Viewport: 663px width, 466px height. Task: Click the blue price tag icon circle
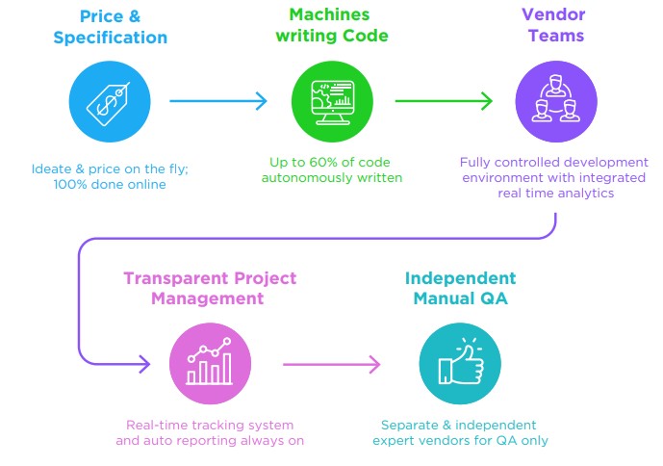click(111, 100)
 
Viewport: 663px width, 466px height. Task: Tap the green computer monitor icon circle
click(331, 100)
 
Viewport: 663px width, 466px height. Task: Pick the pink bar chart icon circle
click(210, 364)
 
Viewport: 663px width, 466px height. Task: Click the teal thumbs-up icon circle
click(459, 364)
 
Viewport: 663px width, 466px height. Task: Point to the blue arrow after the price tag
click(219, 100)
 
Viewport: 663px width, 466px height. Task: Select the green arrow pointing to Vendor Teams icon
click(444, 100)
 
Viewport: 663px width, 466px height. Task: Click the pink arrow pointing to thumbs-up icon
click(333, 364)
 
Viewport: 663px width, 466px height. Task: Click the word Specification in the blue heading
click(111, 39)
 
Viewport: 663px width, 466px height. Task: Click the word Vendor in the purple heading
click(553, 15)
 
